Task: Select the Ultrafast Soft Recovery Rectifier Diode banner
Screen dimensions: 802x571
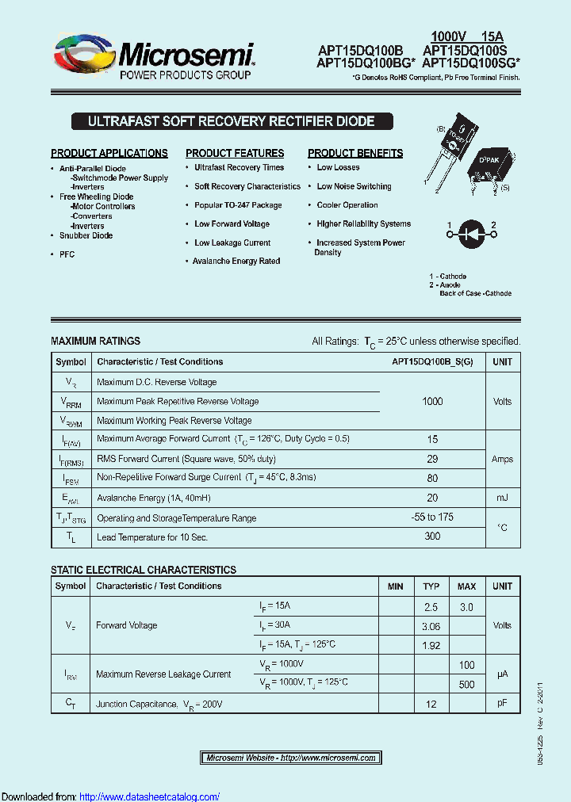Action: (231, 122)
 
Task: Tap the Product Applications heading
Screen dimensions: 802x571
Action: (109, 153)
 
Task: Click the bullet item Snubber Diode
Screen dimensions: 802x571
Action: (86, 235)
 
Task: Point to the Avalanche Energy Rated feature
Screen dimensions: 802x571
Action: (236, 261)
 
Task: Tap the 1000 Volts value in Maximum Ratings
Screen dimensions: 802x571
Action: (432, 402)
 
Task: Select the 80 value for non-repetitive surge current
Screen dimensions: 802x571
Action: (432, 478)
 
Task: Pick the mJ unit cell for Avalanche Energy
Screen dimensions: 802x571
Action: (502, 498)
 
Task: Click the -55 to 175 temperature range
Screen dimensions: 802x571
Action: (432, 517)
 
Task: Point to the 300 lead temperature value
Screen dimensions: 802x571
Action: (432, 537)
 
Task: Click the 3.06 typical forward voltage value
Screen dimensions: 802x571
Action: (431, 626)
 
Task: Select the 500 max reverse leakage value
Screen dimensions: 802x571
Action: (466, 684)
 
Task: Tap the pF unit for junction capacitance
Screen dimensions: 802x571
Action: (502, 703)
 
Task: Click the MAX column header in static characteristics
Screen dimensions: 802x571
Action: (466, 586)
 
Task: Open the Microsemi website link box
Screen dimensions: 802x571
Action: (291, 758)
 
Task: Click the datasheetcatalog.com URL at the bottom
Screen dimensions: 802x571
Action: (150, 796)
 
